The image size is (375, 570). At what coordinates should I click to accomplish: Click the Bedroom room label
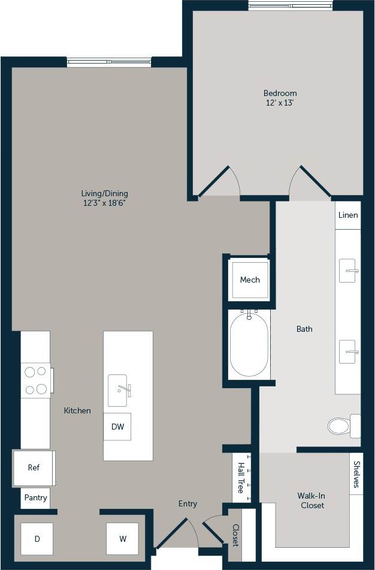click(280, 93)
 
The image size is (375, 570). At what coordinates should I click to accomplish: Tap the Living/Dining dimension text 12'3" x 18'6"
click(105, 203)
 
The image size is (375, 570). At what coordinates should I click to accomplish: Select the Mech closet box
click(250, 280)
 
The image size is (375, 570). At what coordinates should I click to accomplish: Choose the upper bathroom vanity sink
click(348, 271)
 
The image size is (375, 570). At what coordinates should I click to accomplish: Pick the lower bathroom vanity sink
click(348, 352)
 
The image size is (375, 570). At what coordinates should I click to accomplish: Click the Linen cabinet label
click(348, 215)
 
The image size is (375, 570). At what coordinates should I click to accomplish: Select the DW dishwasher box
click(117, 427)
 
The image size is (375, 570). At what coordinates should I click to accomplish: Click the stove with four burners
click(36, 380)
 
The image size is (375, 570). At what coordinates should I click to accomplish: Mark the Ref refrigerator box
click(34, 467)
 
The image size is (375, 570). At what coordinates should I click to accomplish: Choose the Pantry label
click(35, 498)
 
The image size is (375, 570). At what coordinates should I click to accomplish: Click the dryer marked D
click(37, 539)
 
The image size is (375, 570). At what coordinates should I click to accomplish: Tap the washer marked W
click(123, 539)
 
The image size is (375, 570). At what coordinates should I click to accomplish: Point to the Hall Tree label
click(241, 478)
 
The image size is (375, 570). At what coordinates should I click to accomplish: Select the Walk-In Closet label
click(312, 500)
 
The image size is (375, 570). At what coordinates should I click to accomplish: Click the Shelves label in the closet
click(356, 474)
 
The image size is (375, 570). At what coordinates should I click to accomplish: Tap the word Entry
click(187, 504)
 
